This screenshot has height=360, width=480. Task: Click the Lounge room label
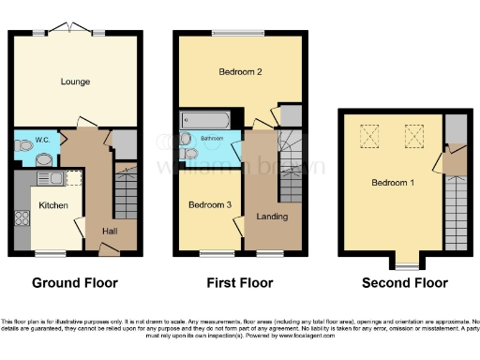click(76, 82)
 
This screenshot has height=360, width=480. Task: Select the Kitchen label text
click(52, 204)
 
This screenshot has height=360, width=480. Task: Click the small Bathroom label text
click(211, 139)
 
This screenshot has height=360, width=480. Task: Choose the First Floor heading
click(238, 282)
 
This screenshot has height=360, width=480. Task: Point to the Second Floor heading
click(404, 282)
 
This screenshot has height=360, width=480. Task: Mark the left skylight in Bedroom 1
click(369, 139)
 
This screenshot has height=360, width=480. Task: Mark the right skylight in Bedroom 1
click(413, 139)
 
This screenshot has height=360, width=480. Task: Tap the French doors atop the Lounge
click(74, 30)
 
